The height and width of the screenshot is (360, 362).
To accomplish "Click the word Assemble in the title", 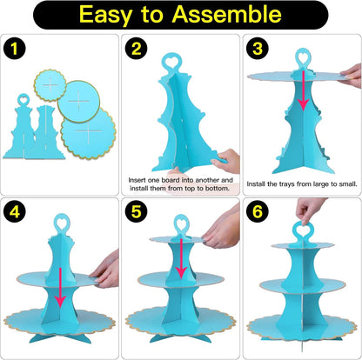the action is tap(227, 14).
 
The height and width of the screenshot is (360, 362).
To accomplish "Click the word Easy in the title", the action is tap(105, 16).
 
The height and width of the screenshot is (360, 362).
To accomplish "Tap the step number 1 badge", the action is tap(15, 49).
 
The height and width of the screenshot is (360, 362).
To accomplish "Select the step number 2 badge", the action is tap(136, 49).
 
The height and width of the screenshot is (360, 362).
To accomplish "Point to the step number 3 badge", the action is tap(258, 49).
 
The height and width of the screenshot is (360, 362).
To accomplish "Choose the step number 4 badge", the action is tap(15, 211).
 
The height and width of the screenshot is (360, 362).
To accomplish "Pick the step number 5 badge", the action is tap(136, 211).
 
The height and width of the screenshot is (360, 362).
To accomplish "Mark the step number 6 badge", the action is tap(258, 211).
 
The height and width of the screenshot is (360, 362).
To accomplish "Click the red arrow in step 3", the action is tap(303, 90).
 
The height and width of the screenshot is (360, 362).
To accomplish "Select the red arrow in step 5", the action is tap(181, 258).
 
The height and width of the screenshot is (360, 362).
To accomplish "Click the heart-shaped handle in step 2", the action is tap(171, 61).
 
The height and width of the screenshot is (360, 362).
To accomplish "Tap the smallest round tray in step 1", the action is tap(50, 85).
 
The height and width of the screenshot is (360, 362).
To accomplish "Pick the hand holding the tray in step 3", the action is tap(350, 76).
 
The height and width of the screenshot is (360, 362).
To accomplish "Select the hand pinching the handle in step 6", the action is tap(309, 210).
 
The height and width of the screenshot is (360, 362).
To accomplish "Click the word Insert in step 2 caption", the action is tap(137, 180).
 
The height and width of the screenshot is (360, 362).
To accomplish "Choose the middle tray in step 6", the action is tap(303, 286).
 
